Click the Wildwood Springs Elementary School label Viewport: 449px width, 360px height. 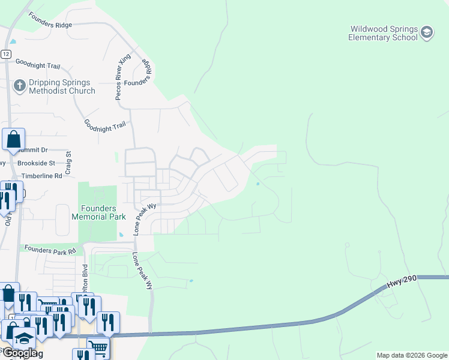382,33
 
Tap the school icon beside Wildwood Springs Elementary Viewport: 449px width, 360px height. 427,32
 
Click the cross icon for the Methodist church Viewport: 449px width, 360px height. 19,86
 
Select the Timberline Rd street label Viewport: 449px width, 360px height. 42,176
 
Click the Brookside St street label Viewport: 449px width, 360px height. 36,163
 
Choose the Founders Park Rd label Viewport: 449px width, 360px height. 50,248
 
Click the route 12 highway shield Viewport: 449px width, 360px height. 5,54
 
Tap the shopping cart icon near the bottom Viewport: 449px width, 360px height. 98,347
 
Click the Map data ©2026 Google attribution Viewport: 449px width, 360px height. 412,355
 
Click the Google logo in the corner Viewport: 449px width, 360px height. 19,353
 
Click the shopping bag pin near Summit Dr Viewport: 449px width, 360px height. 13,140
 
